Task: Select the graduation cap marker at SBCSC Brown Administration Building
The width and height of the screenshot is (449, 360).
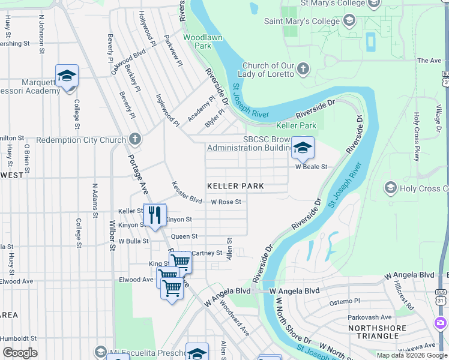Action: tap(303, 147)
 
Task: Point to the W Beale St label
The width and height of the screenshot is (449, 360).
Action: tap(310, 167)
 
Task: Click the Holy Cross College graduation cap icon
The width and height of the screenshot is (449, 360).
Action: tap(391, 189)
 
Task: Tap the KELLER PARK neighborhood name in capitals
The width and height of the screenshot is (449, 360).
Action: tap(235, 187)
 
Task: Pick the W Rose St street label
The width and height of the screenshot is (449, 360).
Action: tap(226, 202)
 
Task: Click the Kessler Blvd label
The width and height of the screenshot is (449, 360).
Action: tap(187, 191)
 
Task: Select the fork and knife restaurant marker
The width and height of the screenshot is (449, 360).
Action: tap(155, 214)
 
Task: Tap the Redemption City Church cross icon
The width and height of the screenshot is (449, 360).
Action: tap(135, 140)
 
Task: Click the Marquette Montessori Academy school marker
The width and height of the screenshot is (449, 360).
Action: tap(67, 76)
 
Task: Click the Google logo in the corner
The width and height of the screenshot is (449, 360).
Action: tap(20, 353)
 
